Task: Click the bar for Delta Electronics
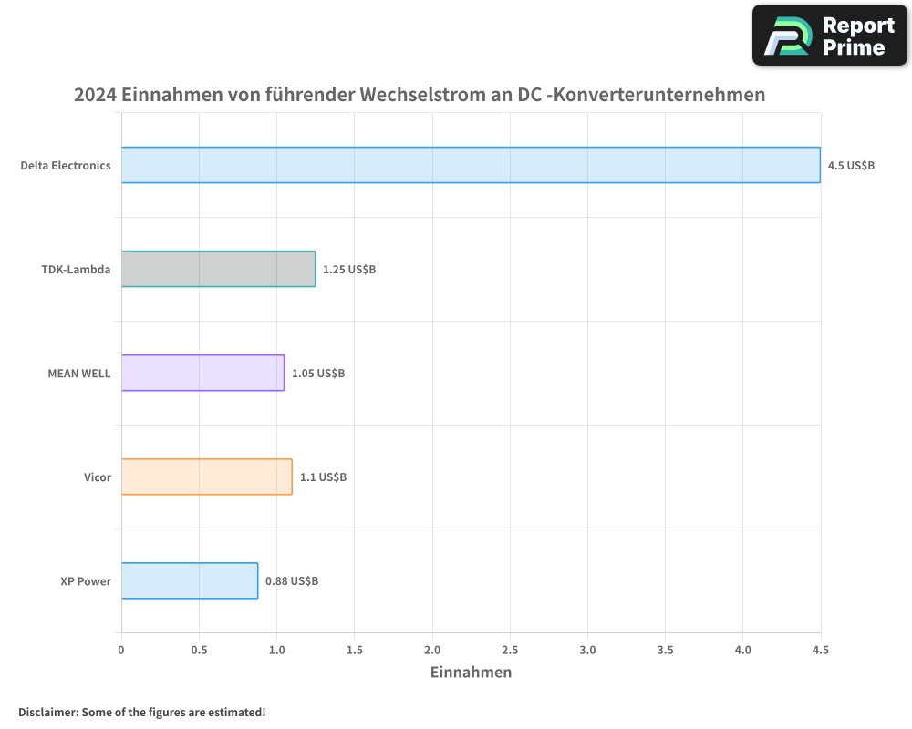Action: [471, 165]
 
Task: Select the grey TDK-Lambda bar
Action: [218, 269]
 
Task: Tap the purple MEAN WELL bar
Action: [202, 373]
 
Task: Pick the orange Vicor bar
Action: [206, 477]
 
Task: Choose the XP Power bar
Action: [190, 580]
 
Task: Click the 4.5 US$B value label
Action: [851, 166]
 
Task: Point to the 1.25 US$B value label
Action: [349, 270]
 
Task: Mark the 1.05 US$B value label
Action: [318, 374]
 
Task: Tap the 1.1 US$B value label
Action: [323, 477]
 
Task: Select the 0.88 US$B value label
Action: [292, 581]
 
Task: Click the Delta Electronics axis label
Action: [66, 166]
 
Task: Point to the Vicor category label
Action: [98, 477]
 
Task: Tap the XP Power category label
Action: [86, 581]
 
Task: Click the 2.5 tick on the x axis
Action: [510, 650]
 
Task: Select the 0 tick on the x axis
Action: [121, 650]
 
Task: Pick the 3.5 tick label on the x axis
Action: [665, 650]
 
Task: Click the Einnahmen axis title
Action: [471, 673]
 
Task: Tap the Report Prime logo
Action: [830, 36]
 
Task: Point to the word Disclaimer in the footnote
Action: [47, 712]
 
